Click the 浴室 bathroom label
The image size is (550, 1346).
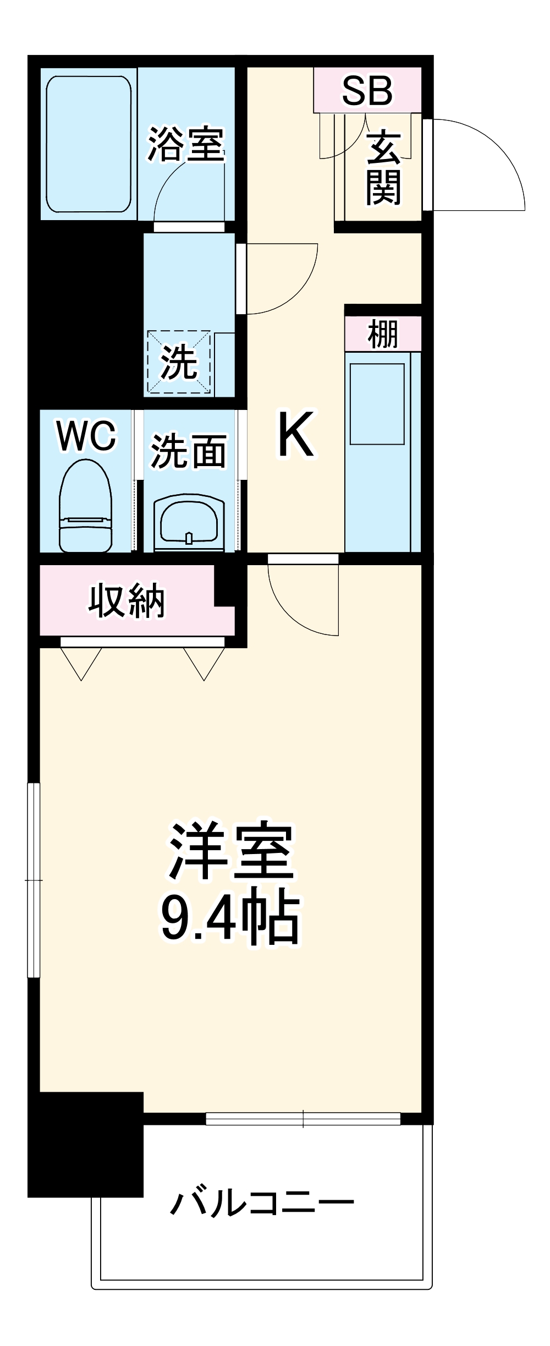point(186,144)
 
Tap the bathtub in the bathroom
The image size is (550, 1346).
point(89,144)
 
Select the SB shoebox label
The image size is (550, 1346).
point(367,90)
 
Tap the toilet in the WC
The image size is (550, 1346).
point(85,506)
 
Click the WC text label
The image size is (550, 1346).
point(86,436)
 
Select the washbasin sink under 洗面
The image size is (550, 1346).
point(189,523)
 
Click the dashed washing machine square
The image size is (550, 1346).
point(178,362)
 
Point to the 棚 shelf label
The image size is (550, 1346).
point(383,334)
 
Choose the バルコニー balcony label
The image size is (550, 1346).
point(262,1204)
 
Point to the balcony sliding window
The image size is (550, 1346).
point(303,1118)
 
